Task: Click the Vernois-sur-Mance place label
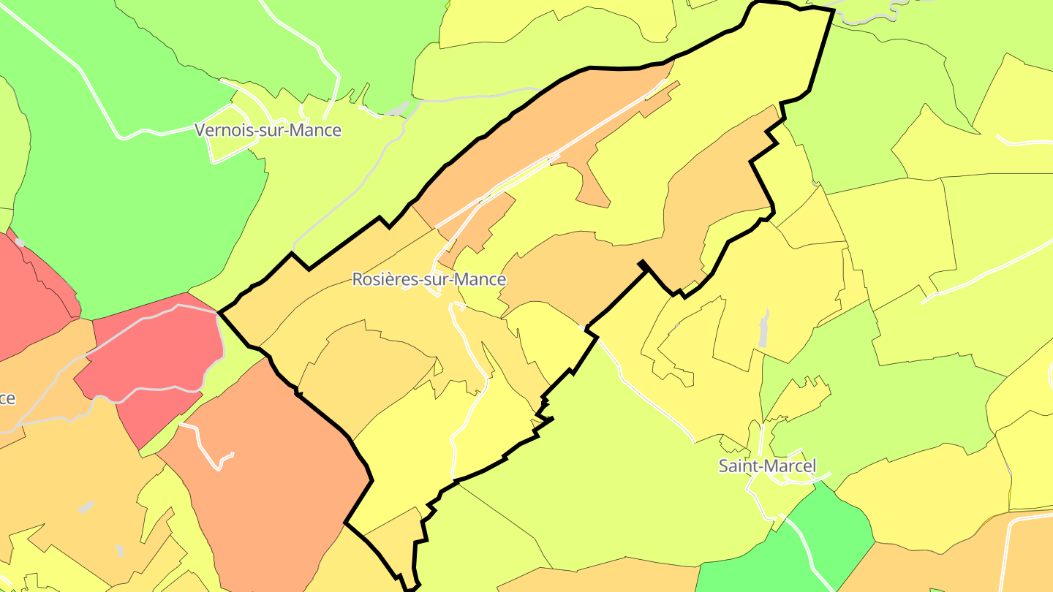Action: tap(268, 130)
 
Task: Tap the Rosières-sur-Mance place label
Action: tap(429, 279)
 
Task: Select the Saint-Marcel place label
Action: tap(767, 466)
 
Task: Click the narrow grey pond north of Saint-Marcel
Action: tap(764, 329)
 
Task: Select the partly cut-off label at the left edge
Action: tap(7, 399)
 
